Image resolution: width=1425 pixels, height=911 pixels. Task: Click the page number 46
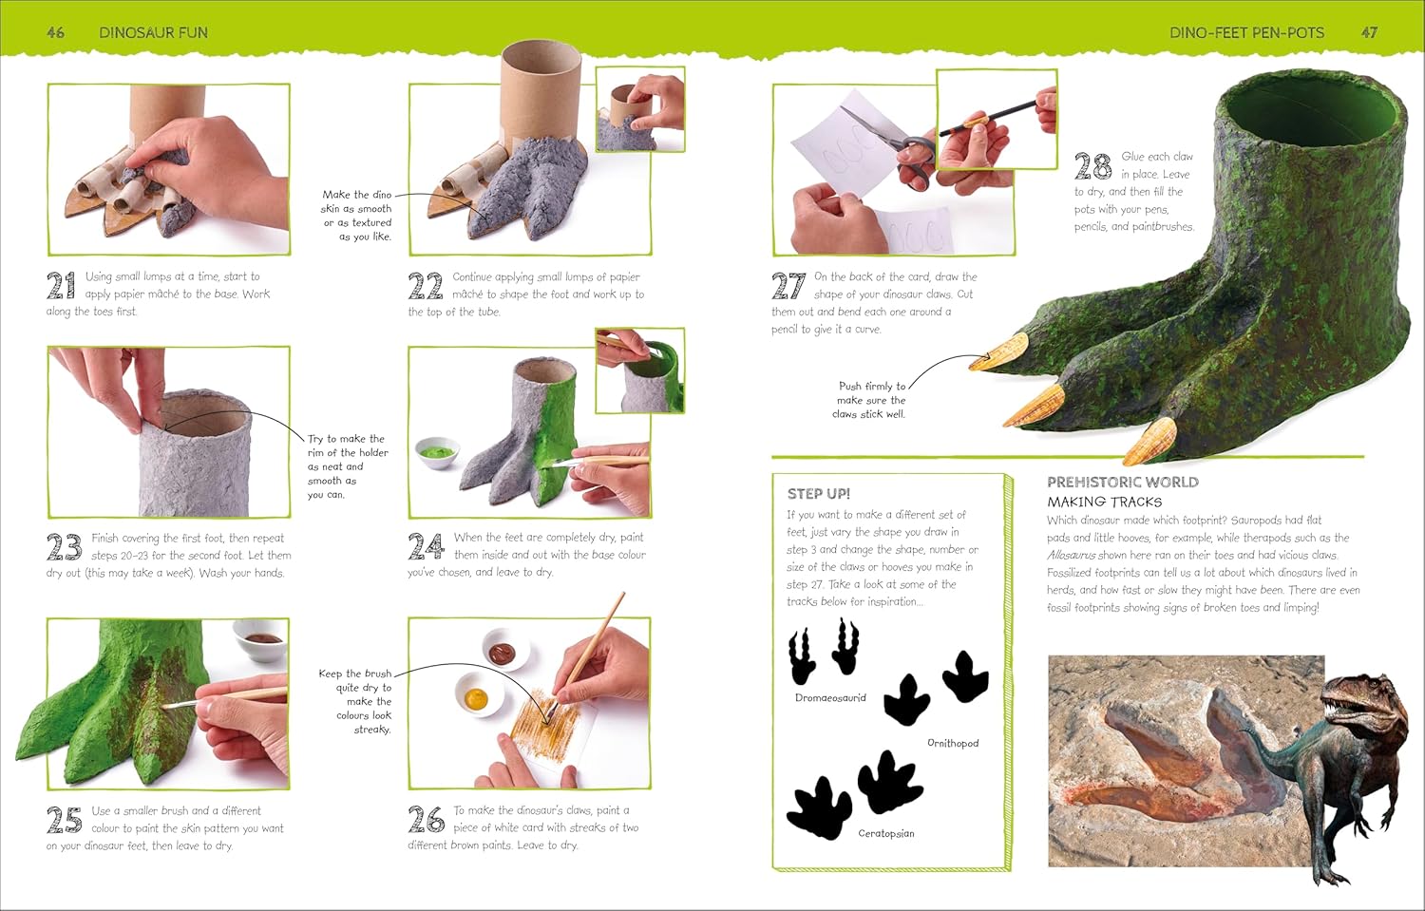55,32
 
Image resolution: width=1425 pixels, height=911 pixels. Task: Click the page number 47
1369,32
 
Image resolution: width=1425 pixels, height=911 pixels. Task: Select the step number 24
426,546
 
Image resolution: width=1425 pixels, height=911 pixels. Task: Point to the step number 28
1092,166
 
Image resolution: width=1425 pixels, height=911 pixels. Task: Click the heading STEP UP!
819,494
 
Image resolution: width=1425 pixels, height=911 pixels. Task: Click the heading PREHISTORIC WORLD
1123,483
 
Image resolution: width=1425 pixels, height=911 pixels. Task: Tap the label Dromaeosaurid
830,698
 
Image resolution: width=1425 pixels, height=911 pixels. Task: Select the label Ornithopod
953,743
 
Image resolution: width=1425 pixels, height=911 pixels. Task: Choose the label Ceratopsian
886,833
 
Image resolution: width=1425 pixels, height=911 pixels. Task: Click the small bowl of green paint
438,452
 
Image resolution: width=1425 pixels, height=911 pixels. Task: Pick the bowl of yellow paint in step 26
480,694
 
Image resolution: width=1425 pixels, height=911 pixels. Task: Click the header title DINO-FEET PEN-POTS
1246,32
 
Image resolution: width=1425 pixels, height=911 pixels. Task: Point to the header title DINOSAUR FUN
153,32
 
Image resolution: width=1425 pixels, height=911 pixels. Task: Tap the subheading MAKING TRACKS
1104,502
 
